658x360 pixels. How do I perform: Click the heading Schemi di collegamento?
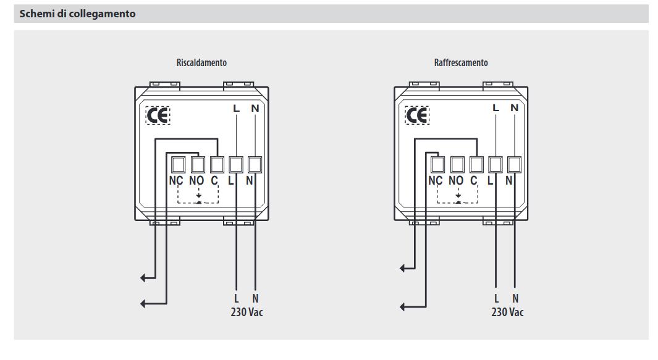[x=78, y=14]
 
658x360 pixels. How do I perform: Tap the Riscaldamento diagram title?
[x=201, y=63]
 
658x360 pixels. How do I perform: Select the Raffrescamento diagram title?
[x=461, y=63]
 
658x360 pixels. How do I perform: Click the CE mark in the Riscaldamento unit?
[x=158, y=115]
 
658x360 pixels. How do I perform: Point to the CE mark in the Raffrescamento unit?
[x=417, y=115]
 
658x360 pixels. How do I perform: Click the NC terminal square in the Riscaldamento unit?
[x=179, y=164]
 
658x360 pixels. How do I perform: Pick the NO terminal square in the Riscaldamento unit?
[x=198, y=164]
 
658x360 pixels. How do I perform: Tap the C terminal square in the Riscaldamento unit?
[x=217, y=164]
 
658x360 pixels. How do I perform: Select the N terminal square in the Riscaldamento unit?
[x=255, y=164]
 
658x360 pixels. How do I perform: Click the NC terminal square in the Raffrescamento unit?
[x=437, y=164]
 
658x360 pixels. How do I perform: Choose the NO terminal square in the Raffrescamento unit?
[x=457, y=164]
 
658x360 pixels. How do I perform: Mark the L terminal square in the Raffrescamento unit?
[x=495, y=164]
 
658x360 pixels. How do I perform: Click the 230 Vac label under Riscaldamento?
[x=247, y=312]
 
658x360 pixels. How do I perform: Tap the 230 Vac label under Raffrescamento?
[x=507, y=312]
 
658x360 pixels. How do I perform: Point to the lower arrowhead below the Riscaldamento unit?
[x=143, y=304]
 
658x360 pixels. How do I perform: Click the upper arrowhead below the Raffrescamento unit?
[x=402, y=268]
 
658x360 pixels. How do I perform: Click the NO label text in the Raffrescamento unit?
[x=456, y=180]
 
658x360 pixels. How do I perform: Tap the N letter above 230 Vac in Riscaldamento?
[x=255, y=298]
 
